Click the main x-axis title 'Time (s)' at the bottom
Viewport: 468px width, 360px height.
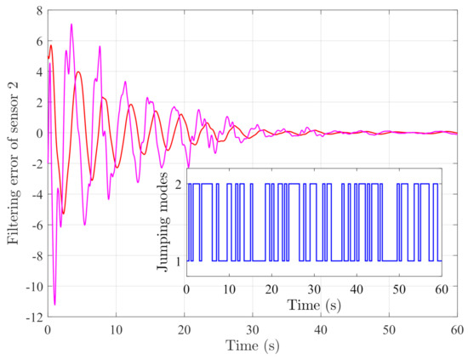252,347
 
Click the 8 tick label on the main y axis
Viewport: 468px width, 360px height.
37,11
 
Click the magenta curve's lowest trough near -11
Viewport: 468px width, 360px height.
54,304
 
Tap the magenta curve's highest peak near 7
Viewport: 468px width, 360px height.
71,24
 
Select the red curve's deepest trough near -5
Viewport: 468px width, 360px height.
62,214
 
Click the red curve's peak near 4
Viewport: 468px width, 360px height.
78,71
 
